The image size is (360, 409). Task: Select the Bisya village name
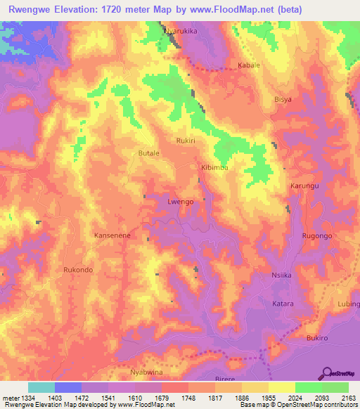[283, 100]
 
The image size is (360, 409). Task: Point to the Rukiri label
[186, 140]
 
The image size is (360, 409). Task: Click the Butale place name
[149, 152]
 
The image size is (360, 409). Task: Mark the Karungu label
[304, 186]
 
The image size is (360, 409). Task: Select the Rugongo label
[316, 236]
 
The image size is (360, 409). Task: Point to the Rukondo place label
[78, 270]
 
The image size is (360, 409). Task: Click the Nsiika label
[282, 276]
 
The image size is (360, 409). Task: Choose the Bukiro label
[319, 338]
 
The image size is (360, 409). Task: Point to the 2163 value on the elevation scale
[346, 398]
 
